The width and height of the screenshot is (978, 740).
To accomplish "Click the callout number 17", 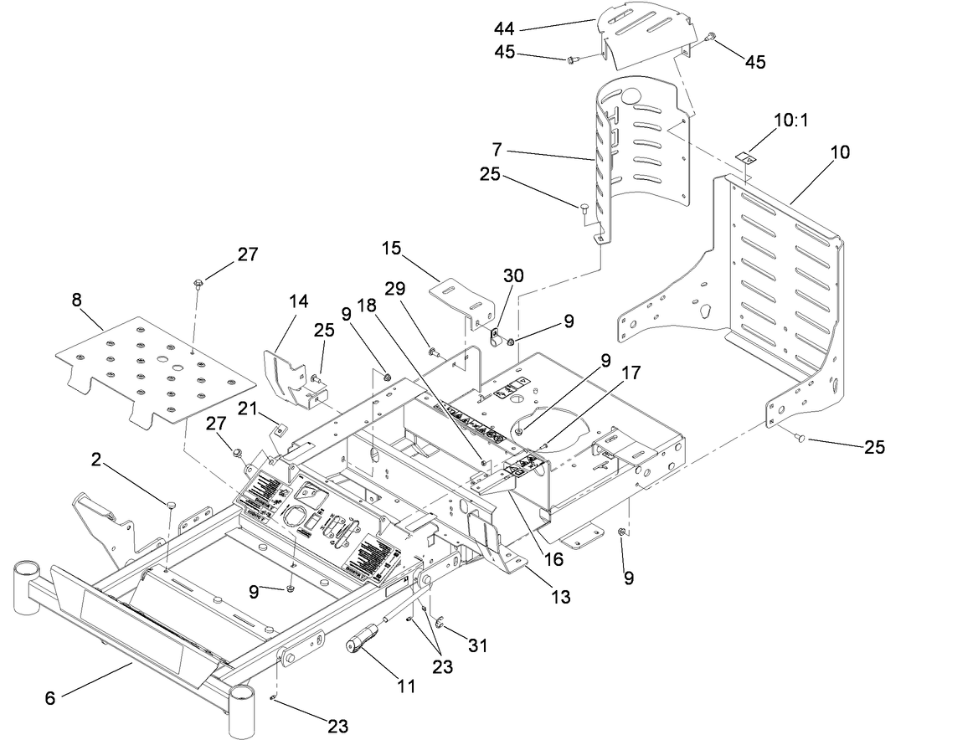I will [x=631, y=372].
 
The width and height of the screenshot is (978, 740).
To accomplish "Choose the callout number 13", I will [x=560, y=597].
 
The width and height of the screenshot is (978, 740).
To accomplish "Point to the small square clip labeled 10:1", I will [x=744, y=157].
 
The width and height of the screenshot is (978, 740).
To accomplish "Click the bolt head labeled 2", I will [x=171, y=505].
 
